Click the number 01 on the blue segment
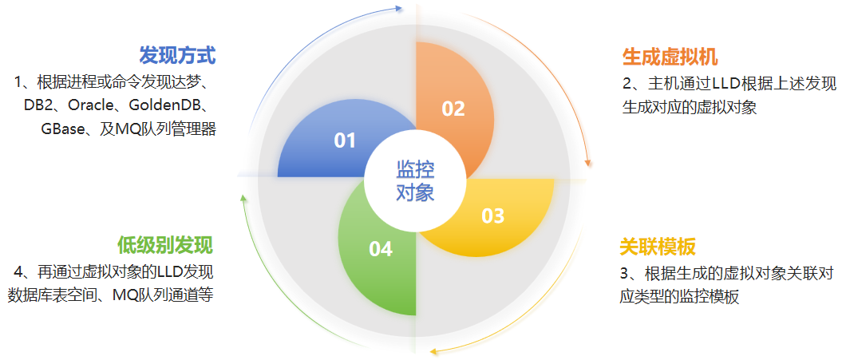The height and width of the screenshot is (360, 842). pyautogui.click(x=345, y=141)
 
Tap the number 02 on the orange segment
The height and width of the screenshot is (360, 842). pyautogui.click(x=453, y=109)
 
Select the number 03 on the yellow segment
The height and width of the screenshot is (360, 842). pyautogui.click(x=492, y=216)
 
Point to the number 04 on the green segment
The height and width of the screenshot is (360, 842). pyautogui.click(x=381, y=249)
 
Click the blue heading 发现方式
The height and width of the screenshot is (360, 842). pyautogui.click(x=177, y=56)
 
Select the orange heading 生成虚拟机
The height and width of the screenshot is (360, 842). pyautogui.click(x=670, y=57)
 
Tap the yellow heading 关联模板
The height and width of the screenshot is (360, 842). pyautogui.click(x=658, y=247)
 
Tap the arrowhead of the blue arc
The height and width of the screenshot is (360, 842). pyautogui.click(x=400, y=8)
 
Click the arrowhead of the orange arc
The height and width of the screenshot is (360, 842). pyautogui.click(x=588, y=162)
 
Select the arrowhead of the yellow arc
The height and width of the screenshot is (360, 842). pyautogui.click(x=434, y=350)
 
